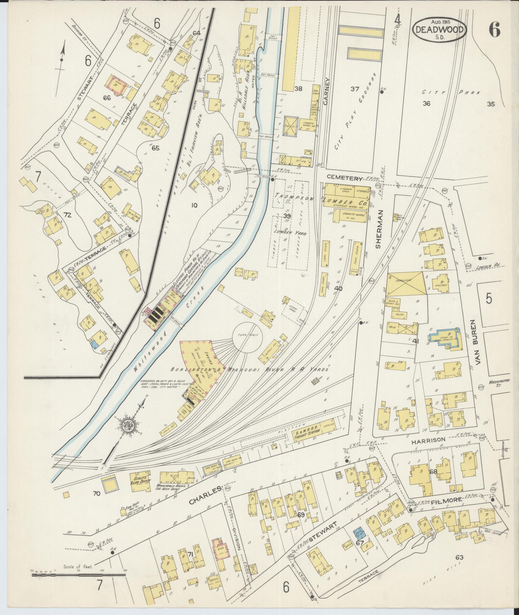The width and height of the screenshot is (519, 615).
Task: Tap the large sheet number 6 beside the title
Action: [x=493, y=30]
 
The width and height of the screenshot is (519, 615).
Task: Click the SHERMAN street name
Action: [x=378, y=229]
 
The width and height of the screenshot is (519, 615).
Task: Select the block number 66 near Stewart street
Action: [x=106, y=98]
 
